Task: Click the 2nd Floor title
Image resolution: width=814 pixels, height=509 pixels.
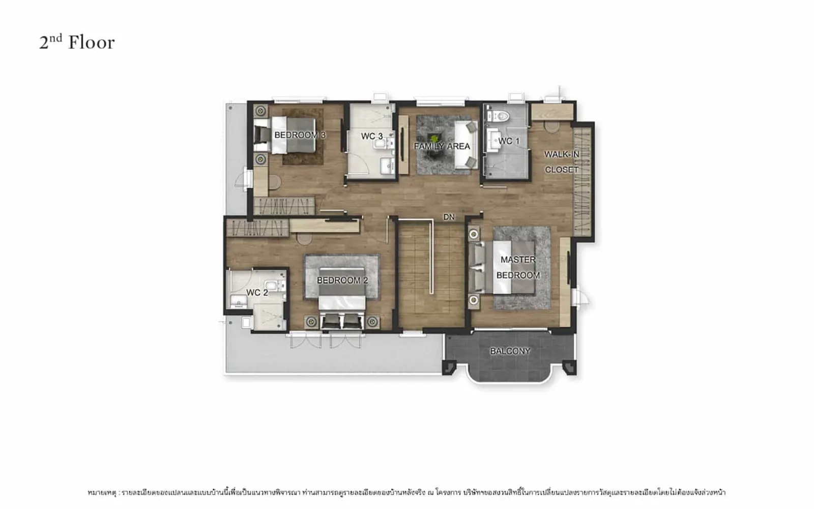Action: tap(77, 42)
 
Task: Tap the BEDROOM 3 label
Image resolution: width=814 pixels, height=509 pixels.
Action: tap(300, 135)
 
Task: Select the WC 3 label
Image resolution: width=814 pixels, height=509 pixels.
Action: tap(372, 136)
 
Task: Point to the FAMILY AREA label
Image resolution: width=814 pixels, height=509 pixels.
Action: tap(442, 146)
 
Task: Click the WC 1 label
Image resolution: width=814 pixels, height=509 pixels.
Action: tap(509, 140)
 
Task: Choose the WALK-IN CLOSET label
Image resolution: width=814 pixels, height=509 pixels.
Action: tap(562, 162)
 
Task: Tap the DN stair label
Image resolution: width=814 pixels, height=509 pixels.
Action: tap(449, 217)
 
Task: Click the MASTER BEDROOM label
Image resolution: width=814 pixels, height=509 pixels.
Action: tap(518, 268)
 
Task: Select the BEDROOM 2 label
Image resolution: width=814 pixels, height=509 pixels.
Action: tap(342, 280)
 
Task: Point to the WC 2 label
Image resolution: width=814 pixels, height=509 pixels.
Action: tap(257, 293)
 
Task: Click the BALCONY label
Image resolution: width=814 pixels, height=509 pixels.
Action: tap(510, 351)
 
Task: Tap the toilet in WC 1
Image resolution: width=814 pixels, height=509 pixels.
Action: tap(499, 116)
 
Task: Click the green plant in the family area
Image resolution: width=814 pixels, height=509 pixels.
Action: tap(434, 138)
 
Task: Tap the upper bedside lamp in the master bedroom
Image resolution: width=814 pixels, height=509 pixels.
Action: tap(474, 235)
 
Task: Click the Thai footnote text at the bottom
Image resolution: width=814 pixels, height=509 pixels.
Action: tap(406, 493)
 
